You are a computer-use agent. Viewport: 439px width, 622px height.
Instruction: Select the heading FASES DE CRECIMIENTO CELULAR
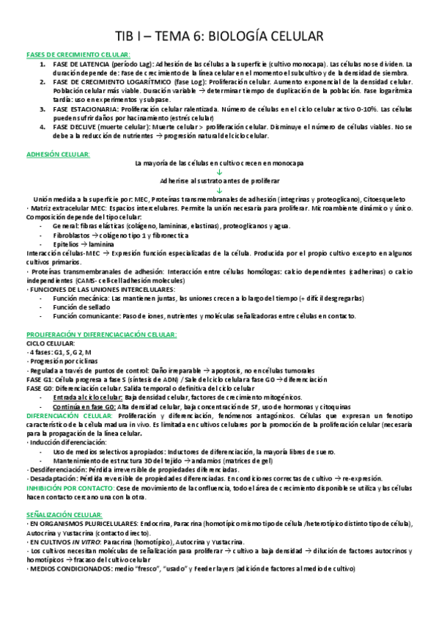point(78,55)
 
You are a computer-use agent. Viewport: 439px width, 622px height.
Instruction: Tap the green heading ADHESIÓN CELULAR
point(58,154)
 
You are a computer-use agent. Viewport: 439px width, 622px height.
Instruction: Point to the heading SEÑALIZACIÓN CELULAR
point(64,494)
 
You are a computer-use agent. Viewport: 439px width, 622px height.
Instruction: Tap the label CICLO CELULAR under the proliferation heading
point(50,343)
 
